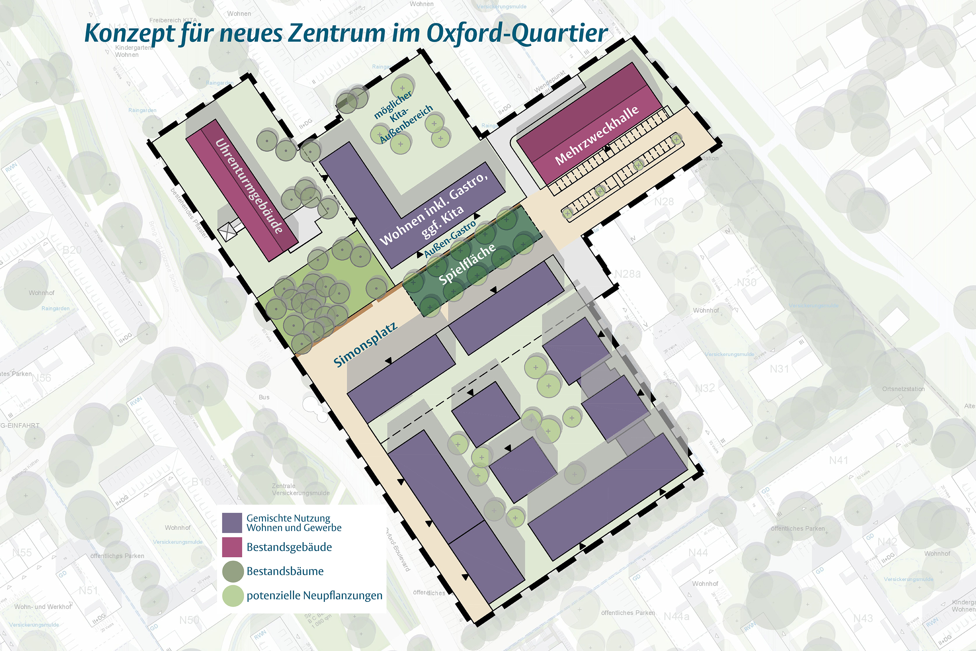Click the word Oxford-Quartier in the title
click(517, 33)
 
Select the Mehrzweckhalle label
click(597, 135)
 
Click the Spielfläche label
click(467, 264)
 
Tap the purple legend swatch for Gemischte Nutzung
click(232, 523)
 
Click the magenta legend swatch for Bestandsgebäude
click(232, 547)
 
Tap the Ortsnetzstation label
click(903, 389)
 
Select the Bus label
click(264, 397)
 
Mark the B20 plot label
click(72, 250)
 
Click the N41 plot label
click(838, 460)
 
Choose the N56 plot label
click(42, 378)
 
